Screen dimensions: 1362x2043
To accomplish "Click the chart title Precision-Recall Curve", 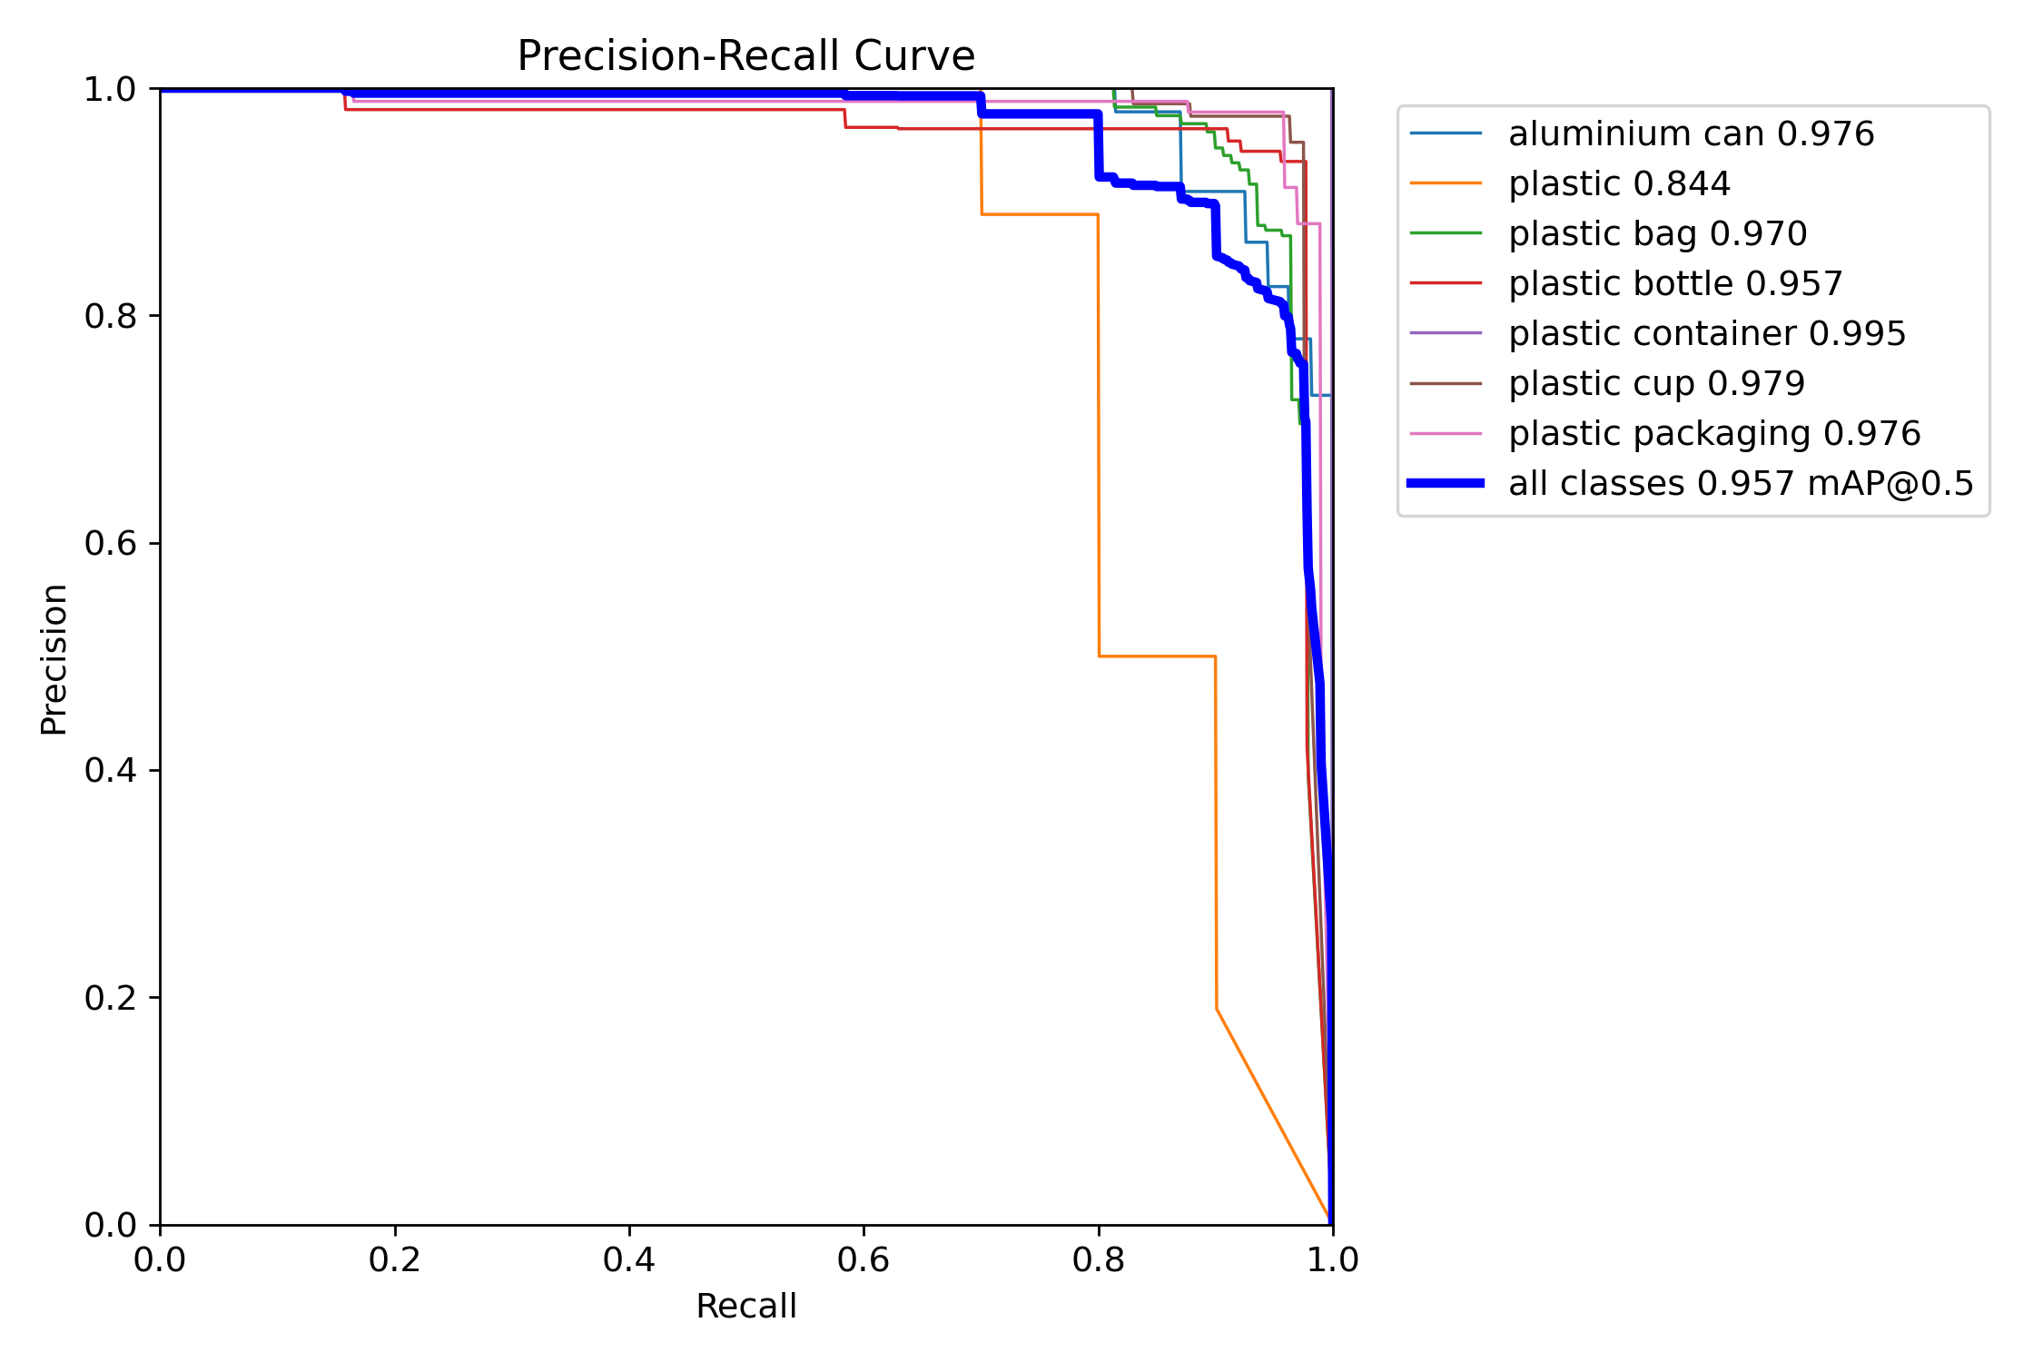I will (x=745, y=56).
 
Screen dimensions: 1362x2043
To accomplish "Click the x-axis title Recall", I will (x=745, y=1307).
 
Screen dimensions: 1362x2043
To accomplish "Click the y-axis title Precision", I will (x=54, y=659).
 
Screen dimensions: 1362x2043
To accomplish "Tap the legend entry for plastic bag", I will (x=1657, y=234).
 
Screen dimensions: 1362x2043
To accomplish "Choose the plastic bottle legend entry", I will (x=1675, y=284).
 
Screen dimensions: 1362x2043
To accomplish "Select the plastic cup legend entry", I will (x=1656, y=384).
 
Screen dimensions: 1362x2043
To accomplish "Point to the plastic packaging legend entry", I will (x=1714, y=434).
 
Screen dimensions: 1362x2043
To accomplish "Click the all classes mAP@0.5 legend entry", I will (x=1741, y=484).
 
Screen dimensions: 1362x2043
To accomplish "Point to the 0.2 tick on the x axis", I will (x=395, y=1259).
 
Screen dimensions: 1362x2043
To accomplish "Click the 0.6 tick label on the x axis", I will (x=864, y=1259).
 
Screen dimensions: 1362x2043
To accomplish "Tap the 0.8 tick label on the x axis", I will (x=1098, y=1259).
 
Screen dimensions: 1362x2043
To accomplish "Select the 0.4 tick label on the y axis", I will (x=110, y=771).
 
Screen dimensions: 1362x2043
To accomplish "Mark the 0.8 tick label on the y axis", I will (x=110, y=316).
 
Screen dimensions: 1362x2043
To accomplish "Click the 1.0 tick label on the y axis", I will (x=110, y=90).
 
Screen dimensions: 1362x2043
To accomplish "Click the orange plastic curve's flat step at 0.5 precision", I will (x=1157, y=656).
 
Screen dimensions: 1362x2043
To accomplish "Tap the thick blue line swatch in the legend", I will (x=1446, y=484).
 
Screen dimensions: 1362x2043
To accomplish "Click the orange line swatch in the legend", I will (x=1446, y=184).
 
